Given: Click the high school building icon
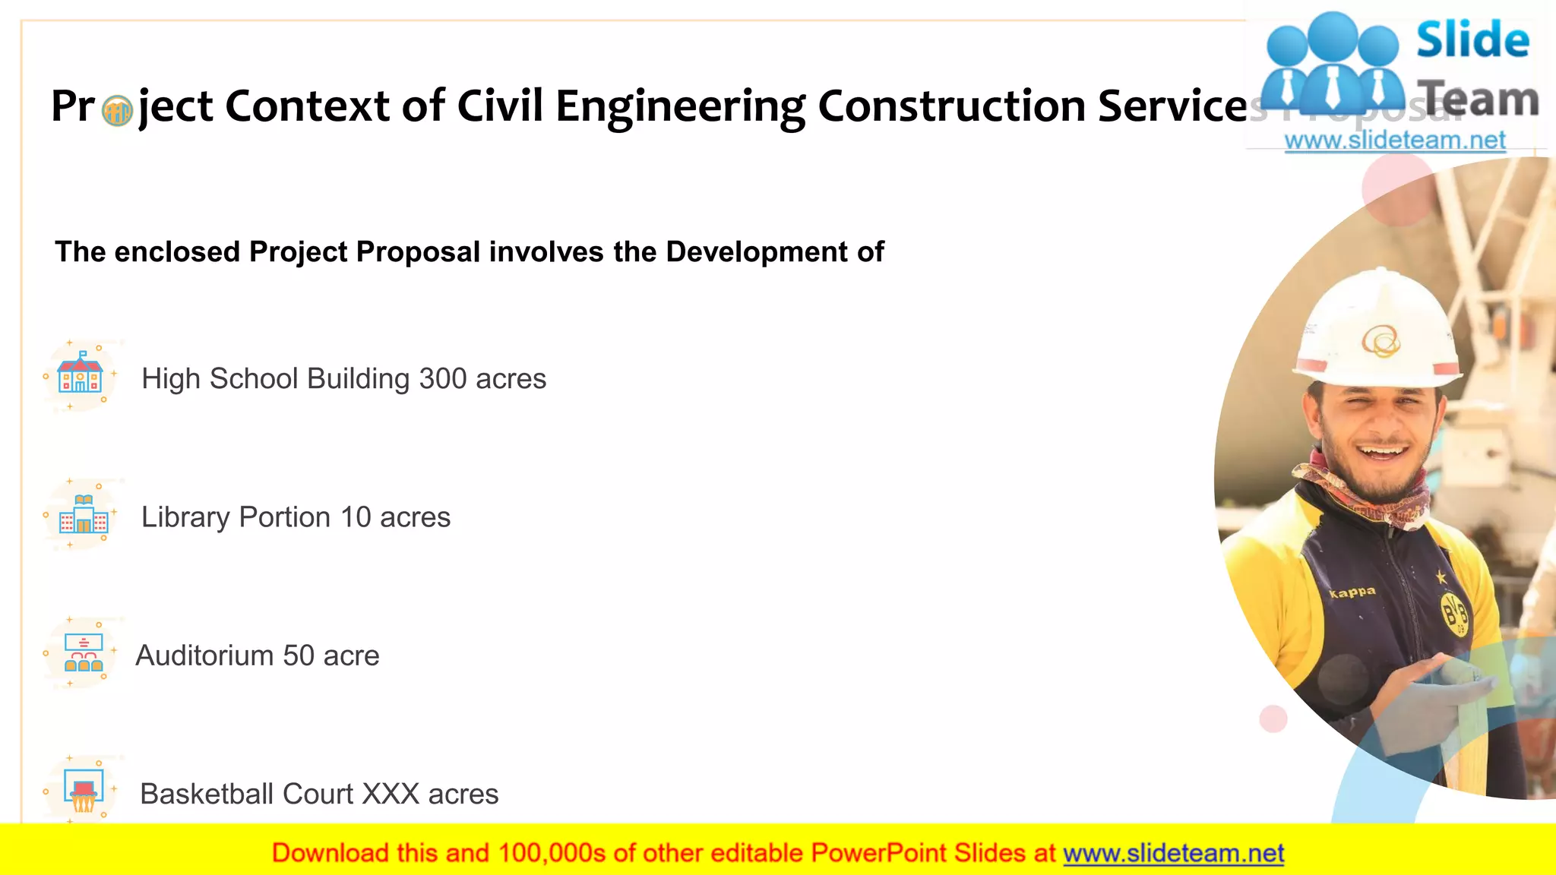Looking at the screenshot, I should pos(81,374).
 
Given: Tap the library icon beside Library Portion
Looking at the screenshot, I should pos(84,515).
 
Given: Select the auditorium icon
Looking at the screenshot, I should pos(84,654).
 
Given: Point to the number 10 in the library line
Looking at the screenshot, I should pos(356,517).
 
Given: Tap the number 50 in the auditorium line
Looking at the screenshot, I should pos(298,655).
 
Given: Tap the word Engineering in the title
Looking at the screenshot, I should pos(680,106).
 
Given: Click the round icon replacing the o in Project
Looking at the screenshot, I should pos(117,111).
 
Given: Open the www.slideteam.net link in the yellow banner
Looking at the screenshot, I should pos(1173,853).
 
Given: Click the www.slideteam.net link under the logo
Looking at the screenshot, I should pos(1395,141).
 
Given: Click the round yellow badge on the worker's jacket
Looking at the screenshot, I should pos(1455,613).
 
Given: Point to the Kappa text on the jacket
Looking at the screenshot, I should pos(1352,592).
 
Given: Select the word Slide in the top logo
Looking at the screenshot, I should pos(1472,40).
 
